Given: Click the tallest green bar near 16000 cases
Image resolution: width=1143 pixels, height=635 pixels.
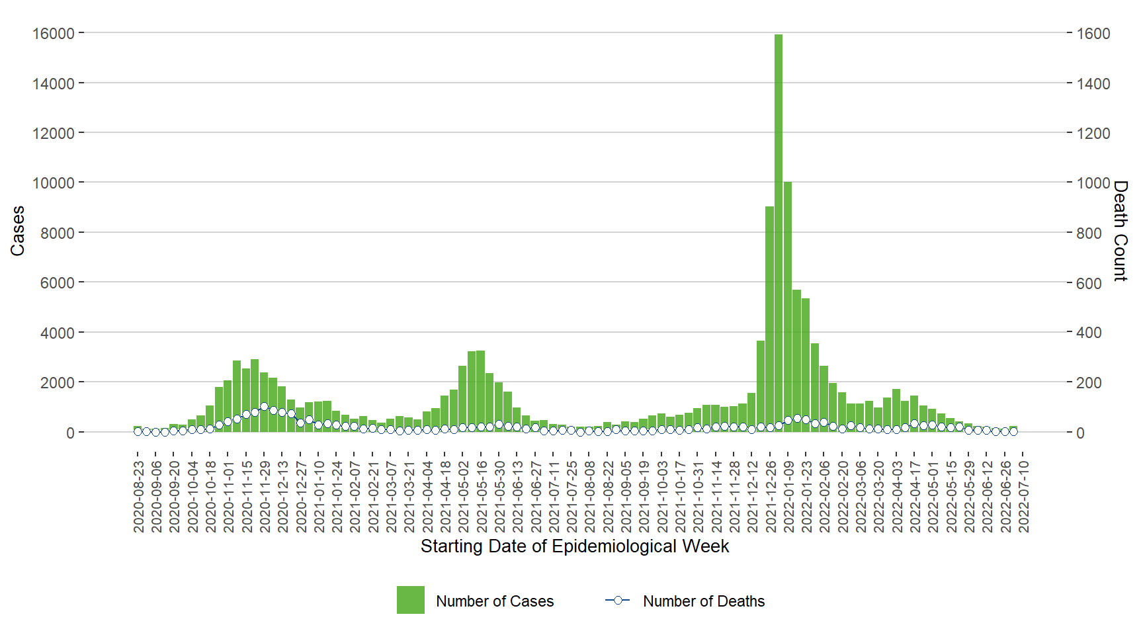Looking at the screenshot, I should (x=779, y=232).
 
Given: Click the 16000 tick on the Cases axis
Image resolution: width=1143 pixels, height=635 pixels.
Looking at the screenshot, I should (x=53, y=33).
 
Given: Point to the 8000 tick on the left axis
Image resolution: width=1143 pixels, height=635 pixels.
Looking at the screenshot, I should (x=57, y=233).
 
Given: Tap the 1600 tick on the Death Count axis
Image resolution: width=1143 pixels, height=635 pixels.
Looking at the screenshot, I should (x=1093, y=34).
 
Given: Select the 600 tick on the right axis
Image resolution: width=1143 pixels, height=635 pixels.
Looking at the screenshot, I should (x=1089, y=283).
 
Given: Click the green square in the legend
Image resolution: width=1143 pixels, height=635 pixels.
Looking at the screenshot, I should (x=410, y=600).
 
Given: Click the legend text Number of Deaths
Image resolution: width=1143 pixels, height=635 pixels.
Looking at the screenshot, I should (x=704, y=601).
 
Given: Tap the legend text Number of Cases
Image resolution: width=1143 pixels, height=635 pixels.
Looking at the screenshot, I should (x=495, y=601).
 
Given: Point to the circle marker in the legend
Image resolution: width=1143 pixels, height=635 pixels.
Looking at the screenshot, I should (x=618, y=600).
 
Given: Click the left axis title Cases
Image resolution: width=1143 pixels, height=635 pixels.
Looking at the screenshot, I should (x=18, y=231).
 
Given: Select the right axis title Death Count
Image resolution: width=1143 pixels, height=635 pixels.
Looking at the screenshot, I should (x=1120, y=231).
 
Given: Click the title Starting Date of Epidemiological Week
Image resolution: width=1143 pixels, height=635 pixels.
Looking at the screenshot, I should (x=574, y=546).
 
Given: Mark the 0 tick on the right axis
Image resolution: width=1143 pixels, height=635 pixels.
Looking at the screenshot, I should (x=1080, y=433).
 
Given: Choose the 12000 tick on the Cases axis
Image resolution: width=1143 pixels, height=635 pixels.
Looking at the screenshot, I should (x=53, y=133).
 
